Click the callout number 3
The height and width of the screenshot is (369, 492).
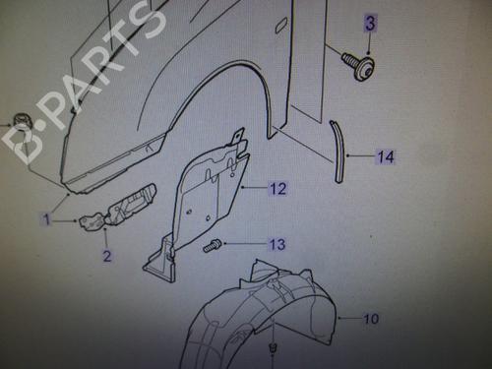[x=370, y=23]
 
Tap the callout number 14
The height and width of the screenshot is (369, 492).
[x=386, y=156]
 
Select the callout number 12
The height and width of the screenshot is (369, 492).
[x=278, y=189]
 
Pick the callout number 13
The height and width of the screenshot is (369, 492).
[x=277, y=244]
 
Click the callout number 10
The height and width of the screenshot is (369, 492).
[x=371, y=319]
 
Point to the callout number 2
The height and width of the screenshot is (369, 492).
[x=107, y=256]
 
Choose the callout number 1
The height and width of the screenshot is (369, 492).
[x=46, y=219]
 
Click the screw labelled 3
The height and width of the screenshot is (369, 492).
[x=358, y=65]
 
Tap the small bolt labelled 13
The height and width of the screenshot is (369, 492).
[x=212, y=246]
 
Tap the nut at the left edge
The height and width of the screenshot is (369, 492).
[x=22, y=122]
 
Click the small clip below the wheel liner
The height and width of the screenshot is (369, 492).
[x=272, y=347]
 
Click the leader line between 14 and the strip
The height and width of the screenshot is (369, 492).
[x=361, y=156]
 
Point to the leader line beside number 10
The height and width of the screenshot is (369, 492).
[x=350, y=318]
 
